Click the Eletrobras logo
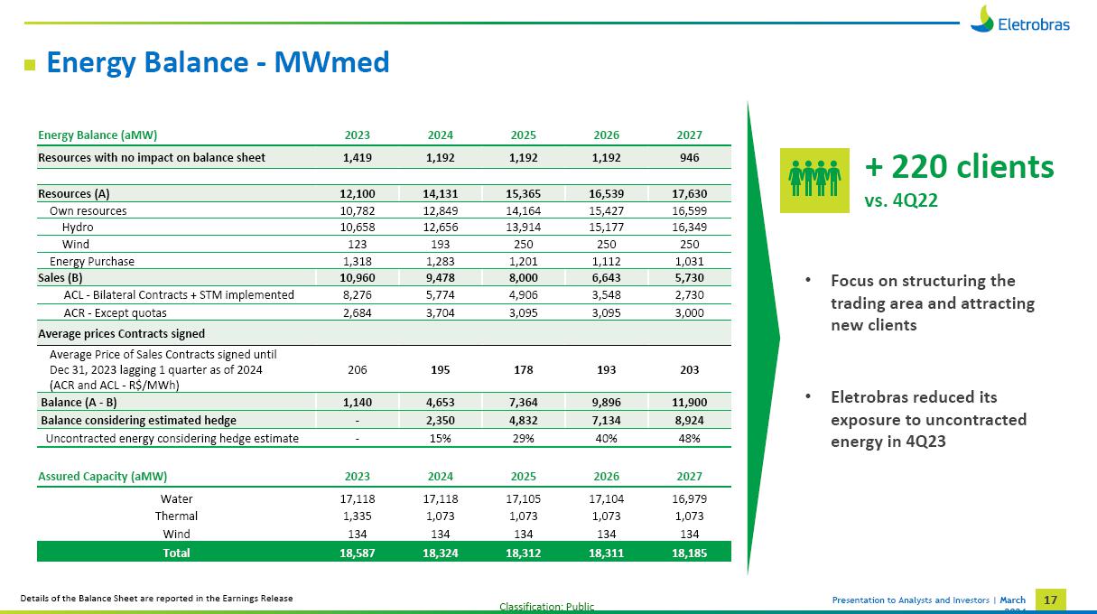1020,19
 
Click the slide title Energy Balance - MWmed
218,62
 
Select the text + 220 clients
959,167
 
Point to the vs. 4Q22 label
901,200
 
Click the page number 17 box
1049,600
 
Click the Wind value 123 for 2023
358,244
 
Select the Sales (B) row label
60,278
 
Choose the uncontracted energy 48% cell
689,438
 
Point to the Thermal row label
176,516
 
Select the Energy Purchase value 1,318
358,261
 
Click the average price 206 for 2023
358,370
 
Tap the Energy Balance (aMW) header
98,135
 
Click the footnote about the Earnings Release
157,599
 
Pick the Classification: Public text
547,607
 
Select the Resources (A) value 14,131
441,193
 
